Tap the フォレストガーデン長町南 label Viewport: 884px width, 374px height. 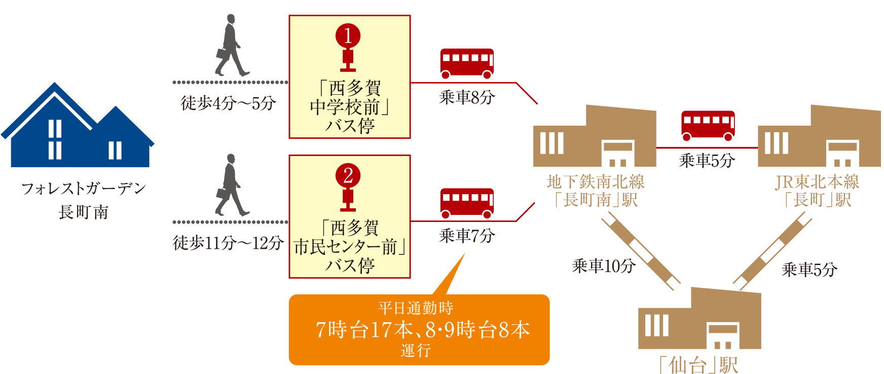(x=84, y=200)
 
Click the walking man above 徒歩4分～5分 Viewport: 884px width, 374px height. (x=232, y=45)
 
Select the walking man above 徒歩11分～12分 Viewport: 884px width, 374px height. (x=232, y=185)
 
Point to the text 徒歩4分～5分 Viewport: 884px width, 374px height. (x=229, y=103)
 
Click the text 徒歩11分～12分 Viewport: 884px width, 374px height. (x=228, y=243)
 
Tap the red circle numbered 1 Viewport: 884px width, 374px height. (x=348, y=36)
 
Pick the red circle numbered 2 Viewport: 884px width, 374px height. (x=348, y=176)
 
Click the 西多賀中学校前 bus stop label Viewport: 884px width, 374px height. (x=350, y=107)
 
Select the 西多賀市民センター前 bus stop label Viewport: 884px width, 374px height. (x=350, y=247)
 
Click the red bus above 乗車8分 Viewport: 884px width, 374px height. (x=467, y=63)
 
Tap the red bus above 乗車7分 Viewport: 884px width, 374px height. (x=467, y=203)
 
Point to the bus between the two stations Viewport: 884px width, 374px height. (x=708, y=125)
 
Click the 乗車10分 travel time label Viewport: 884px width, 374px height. (x=603, y=266)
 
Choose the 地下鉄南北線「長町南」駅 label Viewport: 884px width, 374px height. (x=596, y=191)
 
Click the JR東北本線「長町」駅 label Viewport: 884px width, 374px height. (x=817, y=191)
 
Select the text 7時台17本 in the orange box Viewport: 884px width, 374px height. (x=364, y=330)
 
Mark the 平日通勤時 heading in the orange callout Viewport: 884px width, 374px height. (x=416, y=308)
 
